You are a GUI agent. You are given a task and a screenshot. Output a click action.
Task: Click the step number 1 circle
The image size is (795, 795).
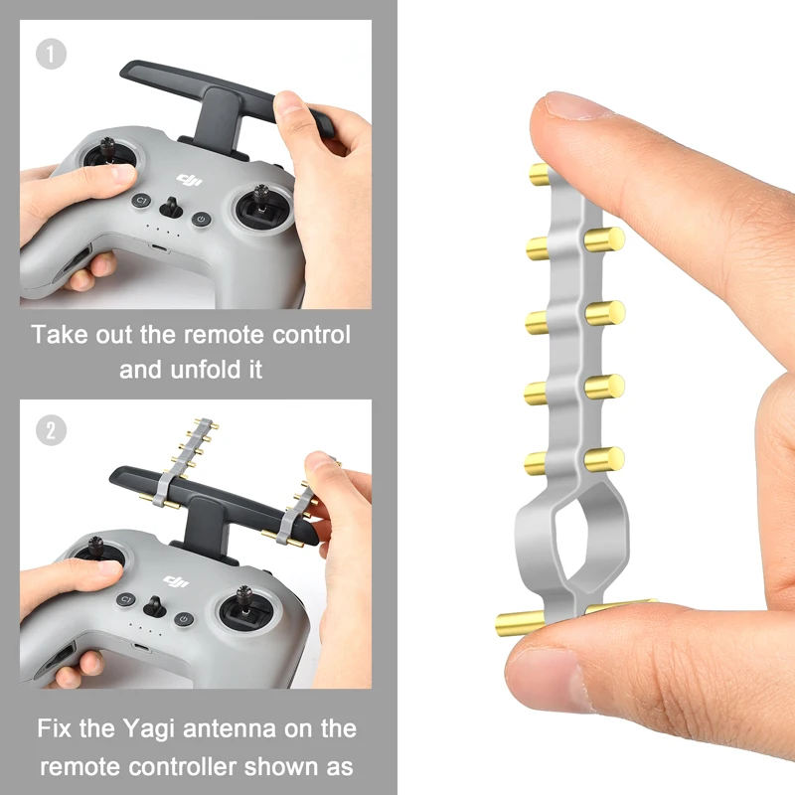click(51, 54)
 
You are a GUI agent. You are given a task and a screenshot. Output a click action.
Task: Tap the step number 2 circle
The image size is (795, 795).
click(51, 430)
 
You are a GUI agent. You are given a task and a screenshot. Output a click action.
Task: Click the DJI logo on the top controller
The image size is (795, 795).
click(189, 180)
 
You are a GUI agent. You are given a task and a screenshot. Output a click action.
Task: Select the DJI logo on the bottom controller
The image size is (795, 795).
click(176, 582)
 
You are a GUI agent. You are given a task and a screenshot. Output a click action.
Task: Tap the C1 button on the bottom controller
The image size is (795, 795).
click(126, 600)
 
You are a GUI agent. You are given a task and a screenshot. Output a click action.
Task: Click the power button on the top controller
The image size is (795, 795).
click(202, 220)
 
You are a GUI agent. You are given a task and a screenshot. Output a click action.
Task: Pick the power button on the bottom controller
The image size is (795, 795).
click(184, 619)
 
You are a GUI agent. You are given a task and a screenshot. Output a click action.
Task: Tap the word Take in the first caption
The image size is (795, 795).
click(60, 335)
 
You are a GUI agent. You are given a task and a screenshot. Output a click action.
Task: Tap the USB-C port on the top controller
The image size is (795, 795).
click(159, 249)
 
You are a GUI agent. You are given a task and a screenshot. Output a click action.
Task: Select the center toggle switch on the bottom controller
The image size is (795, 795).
click(155, 607)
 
